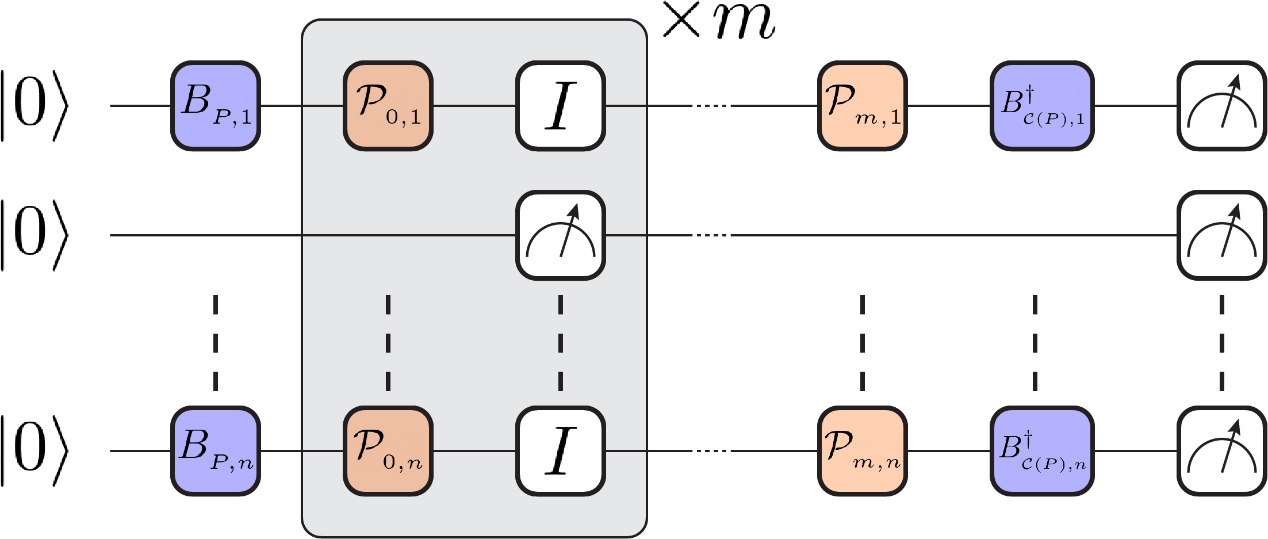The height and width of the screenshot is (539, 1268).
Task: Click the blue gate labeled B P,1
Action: (x=216, y=106)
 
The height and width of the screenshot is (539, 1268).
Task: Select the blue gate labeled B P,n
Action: (x=216, y=451)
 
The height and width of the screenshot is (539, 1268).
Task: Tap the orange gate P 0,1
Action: (x=388, y=106)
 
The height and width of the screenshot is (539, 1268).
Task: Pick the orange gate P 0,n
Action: (x=388, y=451)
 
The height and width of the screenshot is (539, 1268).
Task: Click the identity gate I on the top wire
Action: (x=561, y=106)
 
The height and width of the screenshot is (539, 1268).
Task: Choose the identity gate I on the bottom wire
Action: (x=561, y=451)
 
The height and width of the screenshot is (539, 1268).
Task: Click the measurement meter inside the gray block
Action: (x=561, y=235)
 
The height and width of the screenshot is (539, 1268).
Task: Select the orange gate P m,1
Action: (x=862, y=106)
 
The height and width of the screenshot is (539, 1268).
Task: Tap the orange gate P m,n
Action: (x=862, y=451)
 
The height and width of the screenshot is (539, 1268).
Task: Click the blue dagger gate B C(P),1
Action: (x=1041, y=106)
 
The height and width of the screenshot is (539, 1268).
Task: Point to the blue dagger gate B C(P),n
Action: (x=1041, y=451)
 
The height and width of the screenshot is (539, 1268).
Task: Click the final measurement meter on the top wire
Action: (x=1221, y=106)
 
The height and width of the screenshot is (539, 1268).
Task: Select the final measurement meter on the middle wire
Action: (x=1221, y=235)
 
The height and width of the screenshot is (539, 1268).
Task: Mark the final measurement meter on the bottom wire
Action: (x=1221, y=451)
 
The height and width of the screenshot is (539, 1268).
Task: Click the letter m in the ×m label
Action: (x=744, y=23)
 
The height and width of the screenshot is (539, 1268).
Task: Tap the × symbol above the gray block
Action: (x=682, y=21)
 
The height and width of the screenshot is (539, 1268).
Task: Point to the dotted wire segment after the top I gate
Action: (x=712, y=106)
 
